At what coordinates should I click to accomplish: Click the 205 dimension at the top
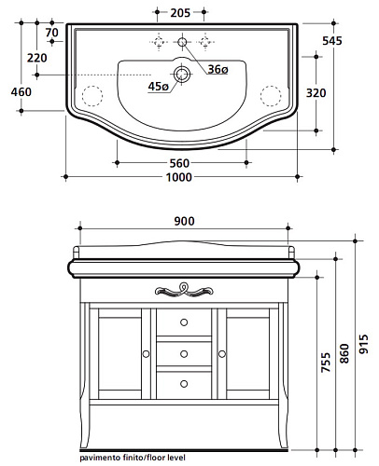coord(180,13)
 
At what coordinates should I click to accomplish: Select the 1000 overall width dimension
coord(179,177)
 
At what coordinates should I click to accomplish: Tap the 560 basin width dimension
coord(179,163)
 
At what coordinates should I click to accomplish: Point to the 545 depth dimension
coord(332,41)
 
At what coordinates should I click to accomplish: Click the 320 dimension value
coord(316,93)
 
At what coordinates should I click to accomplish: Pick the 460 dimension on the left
coord(21,92)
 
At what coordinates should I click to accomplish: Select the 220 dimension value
coord(37,58)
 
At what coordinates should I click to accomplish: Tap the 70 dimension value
coord(51,33)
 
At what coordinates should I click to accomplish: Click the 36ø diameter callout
coord(218,69)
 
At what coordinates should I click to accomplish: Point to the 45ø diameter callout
coord(159,87)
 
